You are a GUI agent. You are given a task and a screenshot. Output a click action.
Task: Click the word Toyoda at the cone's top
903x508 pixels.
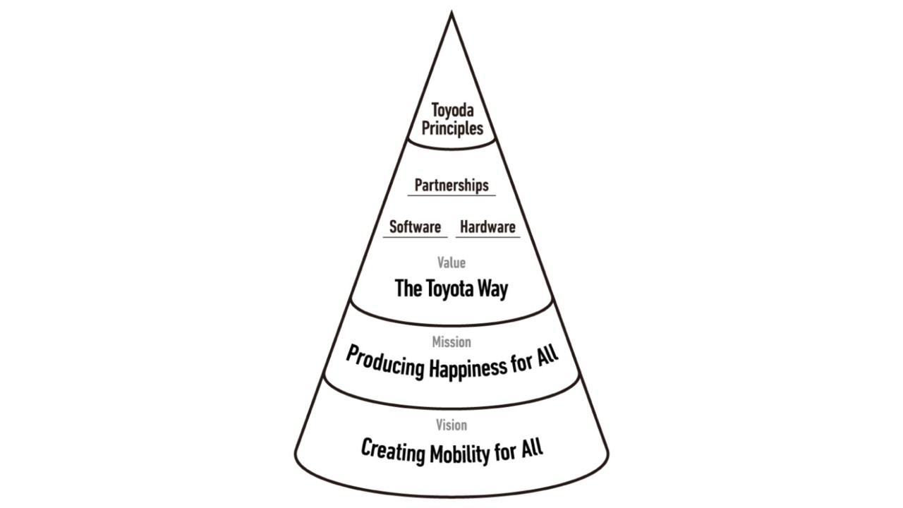[451, 111]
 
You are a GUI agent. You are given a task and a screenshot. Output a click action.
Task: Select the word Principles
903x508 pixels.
[452, 129]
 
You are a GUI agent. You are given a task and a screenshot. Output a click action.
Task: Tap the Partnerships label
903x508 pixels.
[451, 186]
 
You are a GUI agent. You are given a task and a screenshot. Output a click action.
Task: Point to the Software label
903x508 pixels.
[416, 227]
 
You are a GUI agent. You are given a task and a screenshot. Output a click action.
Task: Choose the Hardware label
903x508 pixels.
[487, 227]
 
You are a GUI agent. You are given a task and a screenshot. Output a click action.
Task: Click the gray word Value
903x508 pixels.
[451, 262]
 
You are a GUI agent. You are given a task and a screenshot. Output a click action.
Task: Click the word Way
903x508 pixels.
[492, 289]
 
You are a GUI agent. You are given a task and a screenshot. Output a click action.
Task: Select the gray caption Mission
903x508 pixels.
[451, 342]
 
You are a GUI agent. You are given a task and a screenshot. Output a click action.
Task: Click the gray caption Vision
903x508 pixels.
[451, 425]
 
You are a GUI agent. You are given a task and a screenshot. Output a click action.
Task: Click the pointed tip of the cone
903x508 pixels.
[451, 13]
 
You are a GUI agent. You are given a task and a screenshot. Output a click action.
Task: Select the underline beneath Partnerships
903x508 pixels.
[451, 195]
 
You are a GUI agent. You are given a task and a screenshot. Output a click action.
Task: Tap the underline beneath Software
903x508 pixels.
[416, 237]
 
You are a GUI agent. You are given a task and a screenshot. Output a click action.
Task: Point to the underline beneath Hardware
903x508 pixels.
[487, 237]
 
